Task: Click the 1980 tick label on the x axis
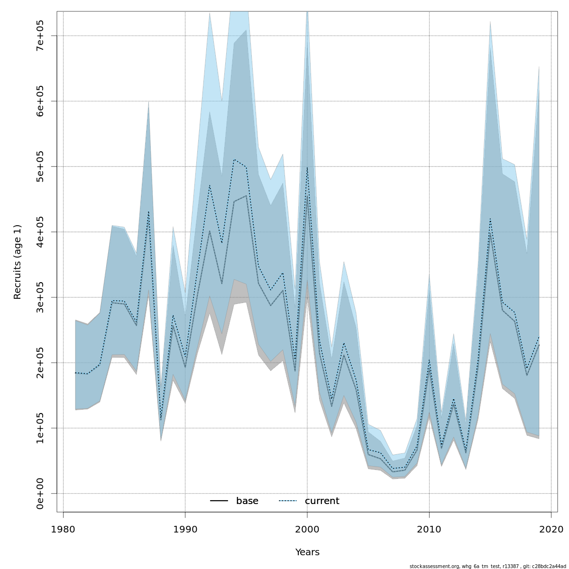(x=63, y=529)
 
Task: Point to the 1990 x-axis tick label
(x=185, y=529)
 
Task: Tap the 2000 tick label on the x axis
(x=307, y=529)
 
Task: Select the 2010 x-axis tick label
(x=429, y=529)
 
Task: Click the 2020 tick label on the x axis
(x=551, y=529)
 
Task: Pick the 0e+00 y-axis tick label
(x=40, y=493)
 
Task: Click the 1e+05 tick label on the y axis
(x=40, y=428)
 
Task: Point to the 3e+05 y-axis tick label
(x=40, y=297)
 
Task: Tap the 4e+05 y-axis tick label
(x=40, y=232)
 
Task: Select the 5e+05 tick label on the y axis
(x=40, y=166)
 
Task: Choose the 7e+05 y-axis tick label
(x=40, y=36)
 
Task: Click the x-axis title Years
(x=307, y=552)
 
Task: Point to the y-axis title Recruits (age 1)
(x=18, y=262)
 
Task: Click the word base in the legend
(x=247, y=501)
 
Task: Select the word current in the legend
(x=322, y=501)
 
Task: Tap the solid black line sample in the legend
(x=219, y=501)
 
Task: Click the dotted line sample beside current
(x=287, y=501)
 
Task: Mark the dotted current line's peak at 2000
(x=307, y=167)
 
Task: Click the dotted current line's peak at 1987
(x=148, y=211)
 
